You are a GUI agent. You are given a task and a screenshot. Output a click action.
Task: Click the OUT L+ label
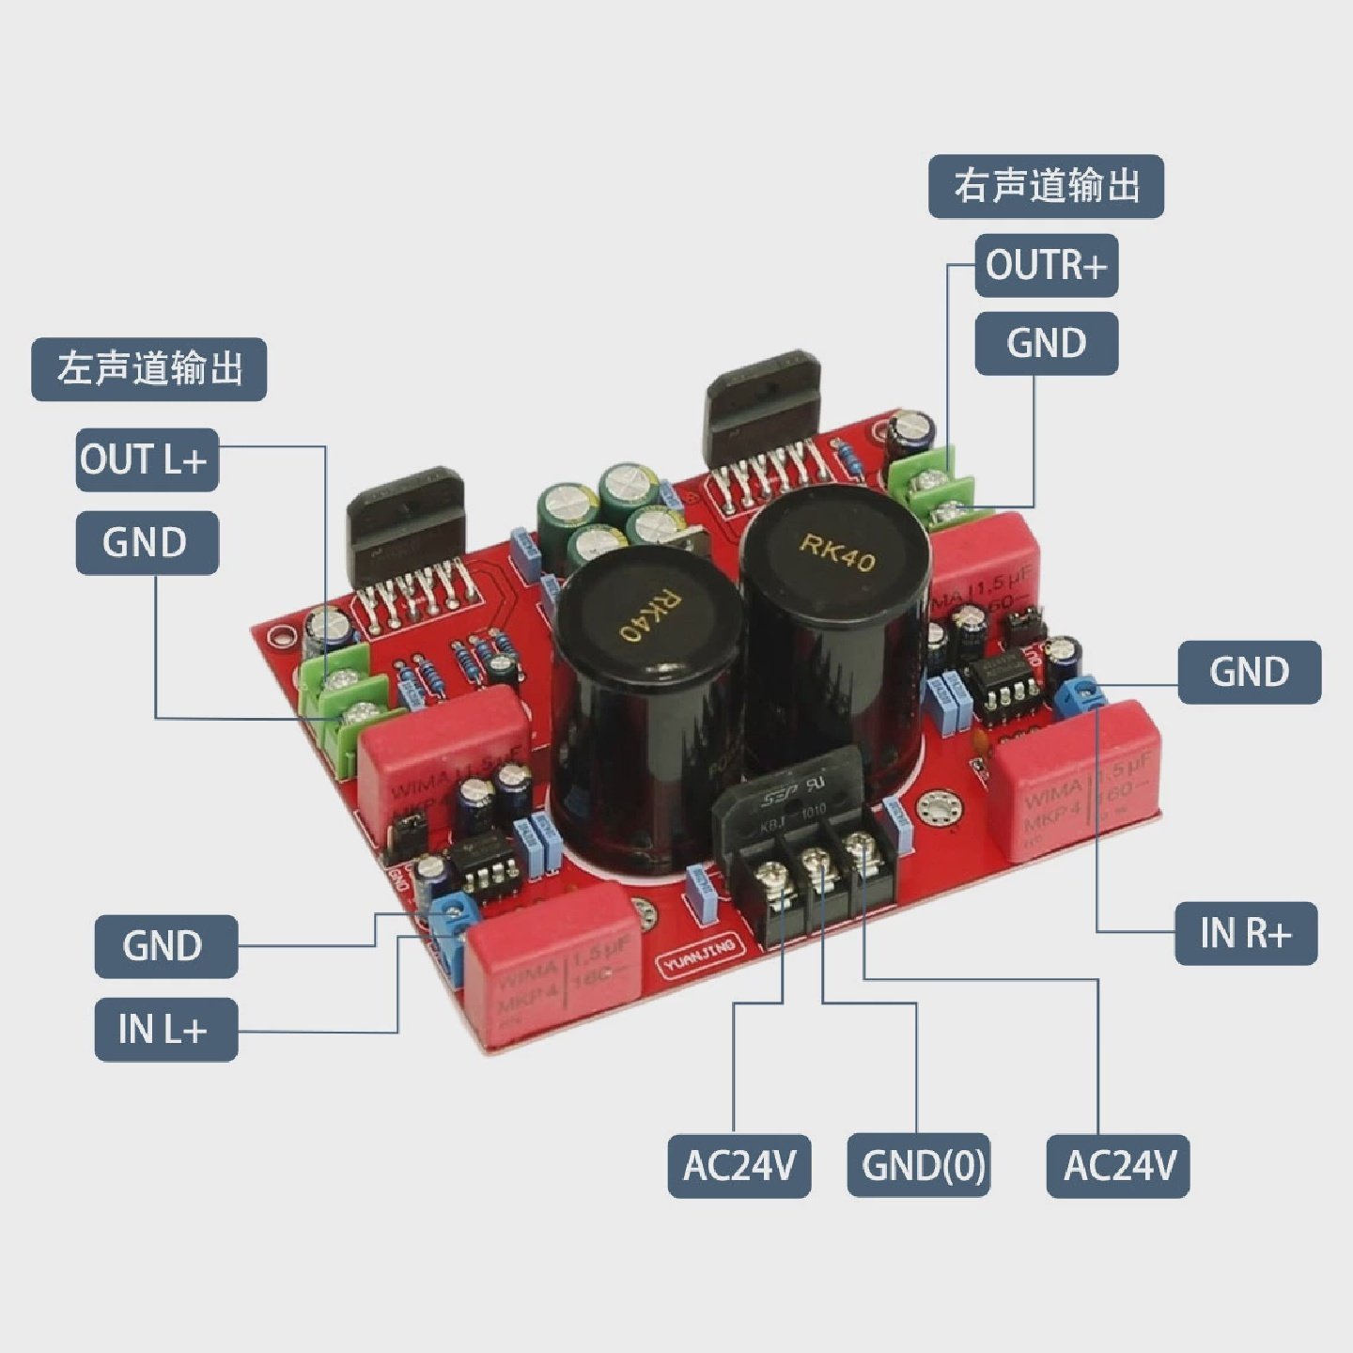click(x=147, y=460)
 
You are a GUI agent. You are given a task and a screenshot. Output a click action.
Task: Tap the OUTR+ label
click(x=1046, y=266)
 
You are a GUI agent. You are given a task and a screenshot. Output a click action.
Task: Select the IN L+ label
click(x=165, y=1030)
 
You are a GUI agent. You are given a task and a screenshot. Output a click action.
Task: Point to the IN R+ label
click(x=1246, y=933)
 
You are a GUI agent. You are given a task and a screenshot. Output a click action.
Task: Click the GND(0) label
click(x=919, y=1165)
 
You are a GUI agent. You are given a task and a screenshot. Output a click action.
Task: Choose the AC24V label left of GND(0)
click(x=739, y=1165)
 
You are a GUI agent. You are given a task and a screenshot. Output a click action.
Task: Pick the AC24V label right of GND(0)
click(x=1118, y=1165)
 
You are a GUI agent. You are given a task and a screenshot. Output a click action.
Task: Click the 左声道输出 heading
click(x=149, y=369)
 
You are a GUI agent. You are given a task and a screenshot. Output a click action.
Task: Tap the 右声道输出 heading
click(x=1046, y=186)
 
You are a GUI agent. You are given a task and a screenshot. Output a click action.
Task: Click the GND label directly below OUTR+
click(x=1046, y=343)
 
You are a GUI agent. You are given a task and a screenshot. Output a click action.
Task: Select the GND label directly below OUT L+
click(x=147, y=542)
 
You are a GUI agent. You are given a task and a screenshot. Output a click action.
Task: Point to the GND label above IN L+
click(x=165, y=946)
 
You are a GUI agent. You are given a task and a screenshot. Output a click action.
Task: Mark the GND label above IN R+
click(x=1249, y=672)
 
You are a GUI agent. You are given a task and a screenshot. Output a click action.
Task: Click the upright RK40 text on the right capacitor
click(x=837, y=552)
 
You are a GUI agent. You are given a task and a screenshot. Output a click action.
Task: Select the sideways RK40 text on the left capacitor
click(x=649, y=615)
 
